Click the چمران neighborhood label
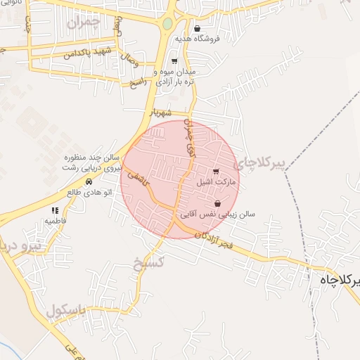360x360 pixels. [84, 22]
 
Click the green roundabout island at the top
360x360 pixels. [167, 23]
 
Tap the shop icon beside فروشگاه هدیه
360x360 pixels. [198, 29]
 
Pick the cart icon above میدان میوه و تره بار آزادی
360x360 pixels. [174, 62]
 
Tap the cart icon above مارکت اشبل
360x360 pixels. [215, 171]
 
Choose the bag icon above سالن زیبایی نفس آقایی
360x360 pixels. [217, 203]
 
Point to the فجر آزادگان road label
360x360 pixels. [214, 240]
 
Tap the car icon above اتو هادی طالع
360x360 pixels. [89, 181]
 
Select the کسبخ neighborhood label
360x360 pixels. [148, 264]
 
